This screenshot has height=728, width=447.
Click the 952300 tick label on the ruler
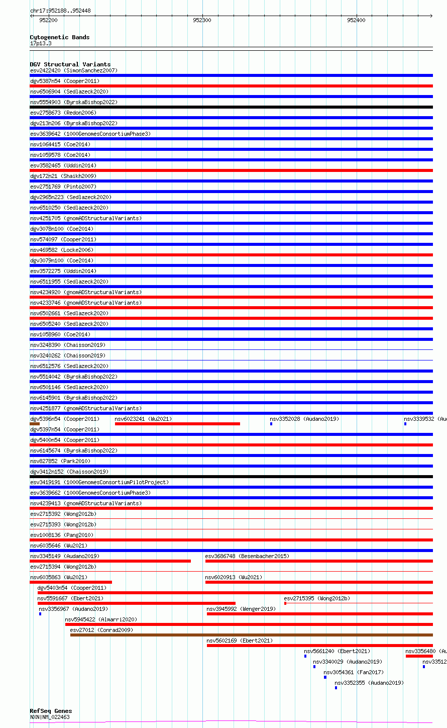pyautogui.click(x=202, y=20)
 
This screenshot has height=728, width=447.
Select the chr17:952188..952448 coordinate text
pyautogui.click(x=60, y=11)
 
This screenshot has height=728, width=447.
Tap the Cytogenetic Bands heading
pyautogui.click(x=59, y=37)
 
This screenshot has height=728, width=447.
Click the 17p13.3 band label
pyautogui.click(x=41, y=43)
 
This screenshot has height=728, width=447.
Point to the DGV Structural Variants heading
pyautogui.click(x=70, y=64)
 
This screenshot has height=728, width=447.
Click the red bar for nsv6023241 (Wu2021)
pyautogui.click(x=177, y=424)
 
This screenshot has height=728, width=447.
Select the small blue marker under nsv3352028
pyautogui.click(x=271, y=424)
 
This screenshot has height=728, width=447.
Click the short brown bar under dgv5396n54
pyautogui.click(x=35, y=424)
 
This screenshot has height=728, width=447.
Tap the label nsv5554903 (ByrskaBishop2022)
pyautogui.click(x=74, y=102)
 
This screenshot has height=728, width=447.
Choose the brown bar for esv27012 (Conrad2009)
pyautogui.click(x=251, y=635)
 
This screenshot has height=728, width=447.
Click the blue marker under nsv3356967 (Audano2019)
pyautogui.click(x=40, y=614)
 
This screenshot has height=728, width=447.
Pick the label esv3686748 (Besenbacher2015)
pyautogui.click(x=247, y=556)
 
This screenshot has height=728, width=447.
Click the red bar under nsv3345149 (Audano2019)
pyautogui.click(x=110, y=561)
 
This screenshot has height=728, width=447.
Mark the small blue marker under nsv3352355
pyautogui.click(x=336, y=688)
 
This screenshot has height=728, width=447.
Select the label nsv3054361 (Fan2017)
pyautogui.click(x=353, y=672)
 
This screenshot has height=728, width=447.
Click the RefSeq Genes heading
pyautogui.click(x=51, y=711)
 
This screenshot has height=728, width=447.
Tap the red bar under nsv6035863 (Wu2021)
pyautogui.click(x=71, y=582)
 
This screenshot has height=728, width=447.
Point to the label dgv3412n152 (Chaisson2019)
pyautogui.click(x=69, y=472)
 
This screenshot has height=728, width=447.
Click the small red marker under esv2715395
pyautogui.click(x=285, y=603)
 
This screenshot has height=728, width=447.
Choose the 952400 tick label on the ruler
pyautogui.click(x=356, y=20)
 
